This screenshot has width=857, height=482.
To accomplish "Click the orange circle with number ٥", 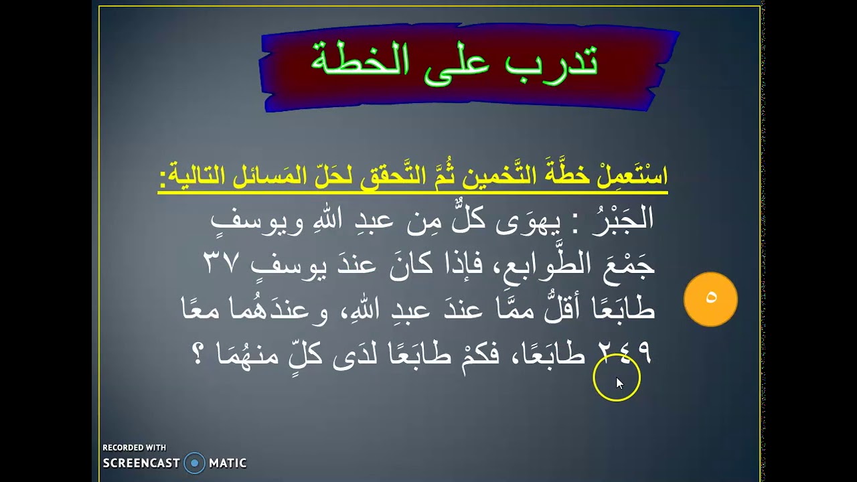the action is coord(710,299).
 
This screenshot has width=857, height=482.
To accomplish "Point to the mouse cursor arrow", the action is coord(619,383).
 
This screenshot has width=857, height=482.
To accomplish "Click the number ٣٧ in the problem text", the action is coord(221,263).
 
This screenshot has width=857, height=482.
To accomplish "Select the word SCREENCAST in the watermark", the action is coord(141,463).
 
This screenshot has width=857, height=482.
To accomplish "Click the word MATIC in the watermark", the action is coord(228,463).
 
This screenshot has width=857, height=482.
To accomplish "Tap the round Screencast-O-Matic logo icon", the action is coord(194,463).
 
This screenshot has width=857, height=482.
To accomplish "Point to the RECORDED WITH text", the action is coord(135,448).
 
